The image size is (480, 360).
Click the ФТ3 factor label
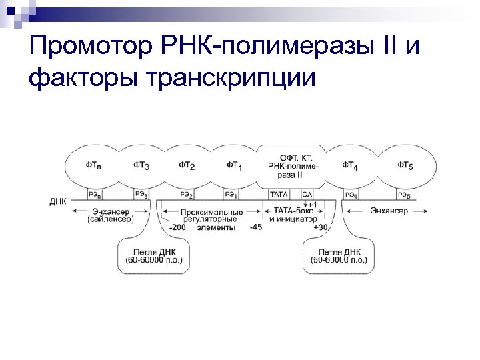pos(141,165)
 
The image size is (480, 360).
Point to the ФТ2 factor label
pos(187,165)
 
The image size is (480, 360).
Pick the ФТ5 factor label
pos(405,165)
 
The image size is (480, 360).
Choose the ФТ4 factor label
pos(351,165)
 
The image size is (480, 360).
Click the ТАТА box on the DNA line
pos(279,195)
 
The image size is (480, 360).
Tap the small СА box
pos(307,195)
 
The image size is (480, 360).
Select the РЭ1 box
pos(232,195)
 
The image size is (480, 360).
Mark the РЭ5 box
pos(404,195)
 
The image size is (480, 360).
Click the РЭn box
pos(95,195)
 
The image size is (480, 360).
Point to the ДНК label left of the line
pos(58,201)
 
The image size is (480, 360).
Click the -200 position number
pos(178,227)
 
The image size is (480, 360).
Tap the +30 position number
pos(321,227)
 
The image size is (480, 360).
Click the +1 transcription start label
pos(313,204)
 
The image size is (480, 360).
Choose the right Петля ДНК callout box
pos(339,256)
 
